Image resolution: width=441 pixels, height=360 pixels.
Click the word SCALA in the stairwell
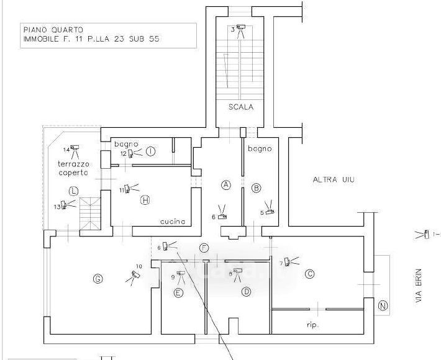(240, 107)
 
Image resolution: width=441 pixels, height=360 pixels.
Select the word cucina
(172, 222)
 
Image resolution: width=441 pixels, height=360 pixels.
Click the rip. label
(313, 324)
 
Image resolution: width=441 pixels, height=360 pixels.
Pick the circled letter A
(226, 185)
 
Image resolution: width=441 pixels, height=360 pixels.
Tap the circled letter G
(98, 279)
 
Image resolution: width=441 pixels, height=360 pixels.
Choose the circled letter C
(309, 273)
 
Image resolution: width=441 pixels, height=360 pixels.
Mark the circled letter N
(383, 305)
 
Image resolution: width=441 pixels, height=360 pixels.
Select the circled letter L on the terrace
(73, 191)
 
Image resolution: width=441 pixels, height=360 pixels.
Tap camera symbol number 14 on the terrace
(75, 148)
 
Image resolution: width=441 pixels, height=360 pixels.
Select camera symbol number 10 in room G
(136, 274)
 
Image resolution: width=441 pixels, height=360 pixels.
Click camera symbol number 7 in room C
(288, 261)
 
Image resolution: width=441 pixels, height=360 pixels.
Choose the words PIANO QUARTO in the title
(53, 29)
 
